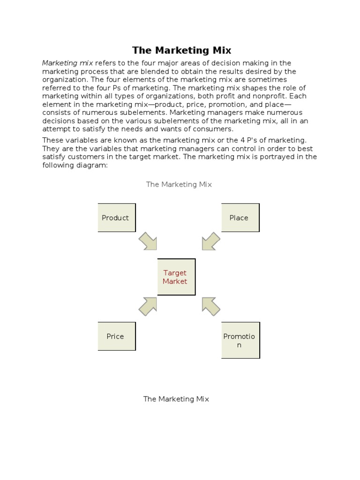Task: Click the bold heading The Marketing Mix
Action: tap(181, 50)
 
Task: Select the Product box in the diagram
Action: tap(116, 217)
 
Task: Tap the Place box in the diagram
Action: tap(240, 217)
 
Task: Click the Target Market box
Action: tap(176, 277)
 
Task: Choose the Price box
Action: tap(116, 336)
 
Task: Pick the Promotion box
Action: tap(240, 340)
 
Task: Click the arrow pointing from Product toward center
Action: tap(148, 241)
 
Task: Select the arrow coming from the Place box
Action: tap(210, 241)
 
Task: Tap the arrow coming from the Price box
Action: tap(148, 306)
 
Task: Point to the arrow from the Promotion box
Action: tap(210, 306)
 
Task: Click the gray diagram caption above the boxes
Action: tap(179, 184)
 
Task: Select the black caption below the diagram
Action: tap(176, 399)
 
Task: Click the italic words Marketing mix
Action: tap(67, 63)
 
